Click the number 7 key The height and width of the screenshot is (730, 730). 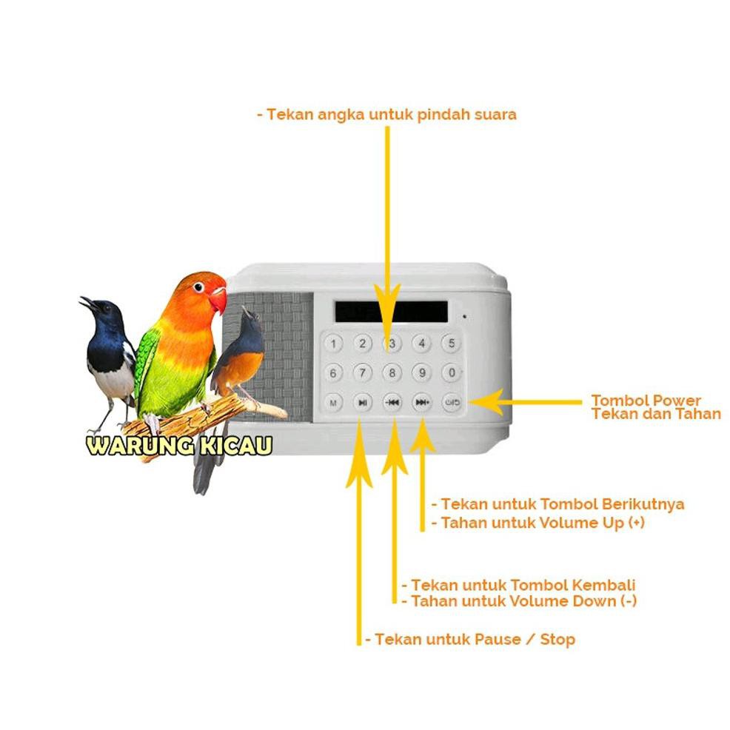click(362, 372)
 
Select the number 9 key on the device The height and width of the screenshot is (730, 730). click(421, 372)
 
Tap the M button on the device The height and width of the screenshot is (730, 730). click(333, 403)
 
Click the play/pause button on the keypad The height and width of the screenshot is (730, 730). click(362, 403)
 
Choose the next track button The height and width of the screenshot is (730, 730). click(422, 403)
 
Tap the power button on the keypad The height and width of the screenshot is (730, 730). click(452, 403)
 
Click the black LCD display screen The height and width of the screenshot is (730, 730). click(390, 311)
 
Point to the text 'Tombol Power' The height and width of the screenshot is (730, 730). click(646, 401)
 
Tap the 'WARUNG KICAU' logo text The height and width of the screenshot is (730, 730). click(179, 446)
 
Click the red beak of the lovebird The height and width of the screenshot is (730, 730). click(218, 299)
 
